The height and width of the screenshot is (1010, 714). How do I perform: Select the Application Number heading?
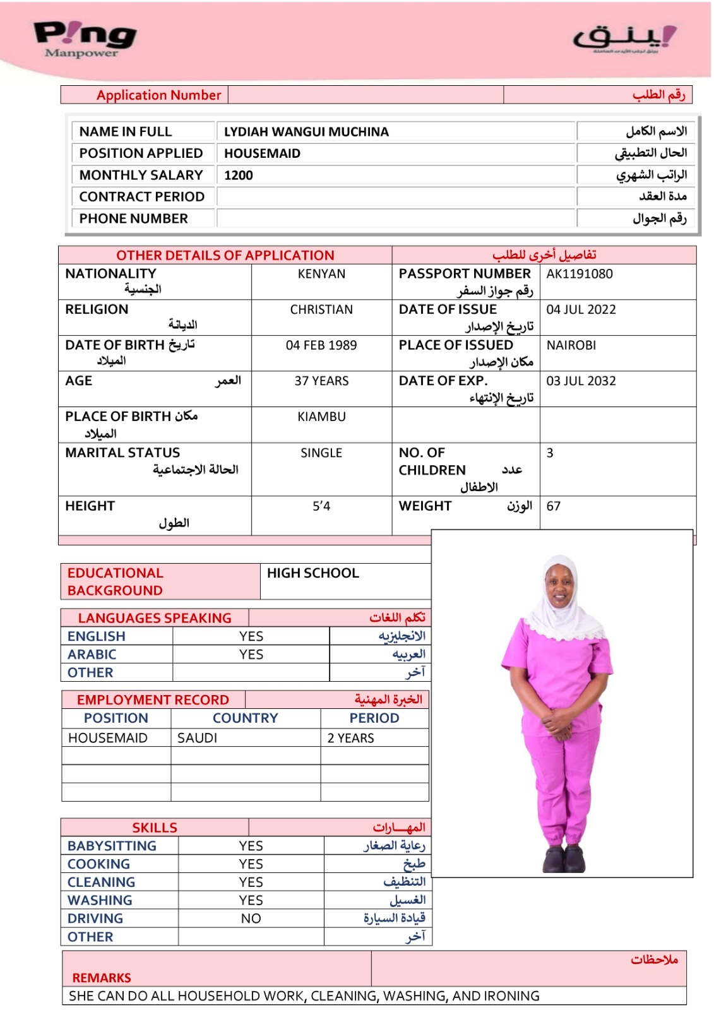pyautogui.click(x=158, y=95)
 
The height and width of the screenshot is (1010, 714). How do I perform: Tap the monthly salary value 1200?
pyautogui.click(x=239, y=175)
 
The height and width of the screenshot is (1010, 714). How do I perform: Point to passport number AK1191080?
pyautogui.click(x=579, y=274)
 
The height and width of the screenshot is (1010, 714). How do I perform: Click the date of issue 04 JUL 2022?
pyautogui.click(x=581, y=310)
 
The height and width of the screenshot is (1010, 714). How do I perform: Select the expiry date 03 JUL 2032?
pyautogui.click(x=581, y=381)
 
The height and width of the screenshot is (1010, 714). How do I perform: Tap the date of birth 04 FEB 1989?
pyautogui.click(x=321, y=345)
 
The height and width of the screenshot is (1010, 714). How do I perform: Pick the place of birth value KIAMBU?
pyautogui.click(x=321, y=417)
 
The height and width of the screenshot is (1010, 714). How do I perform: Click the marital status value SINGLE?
pyautogui.click(x=321, y=453)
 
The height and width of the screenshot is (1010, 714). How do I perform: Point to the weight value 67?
pyautogui.click(x=554, y=506)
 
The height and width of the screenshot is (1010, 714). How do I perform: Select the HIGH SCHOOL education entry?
pyautogui.click(x=312, y=573)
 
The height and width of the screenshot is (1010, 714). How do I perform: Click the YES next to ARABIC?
pyautogui.click(x=251, y=655)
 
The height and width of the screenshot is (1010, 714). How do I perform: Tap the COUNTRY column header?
pyautogui.click(x=245, y=718)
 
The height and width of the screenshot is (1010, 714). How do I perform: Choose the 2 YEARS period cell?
pyautogui.click(x=350, y=739)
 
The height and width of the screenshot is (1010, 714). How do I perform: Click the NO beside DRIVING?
pyautogui.click(x=251, y=919)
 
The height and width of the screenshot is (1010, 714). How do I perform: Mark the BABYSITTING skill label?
pyautogui.click(x=112, y=847)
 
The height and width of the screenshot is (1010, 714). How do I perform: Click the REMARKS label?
pyautogui.click(x=102, y=978)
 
